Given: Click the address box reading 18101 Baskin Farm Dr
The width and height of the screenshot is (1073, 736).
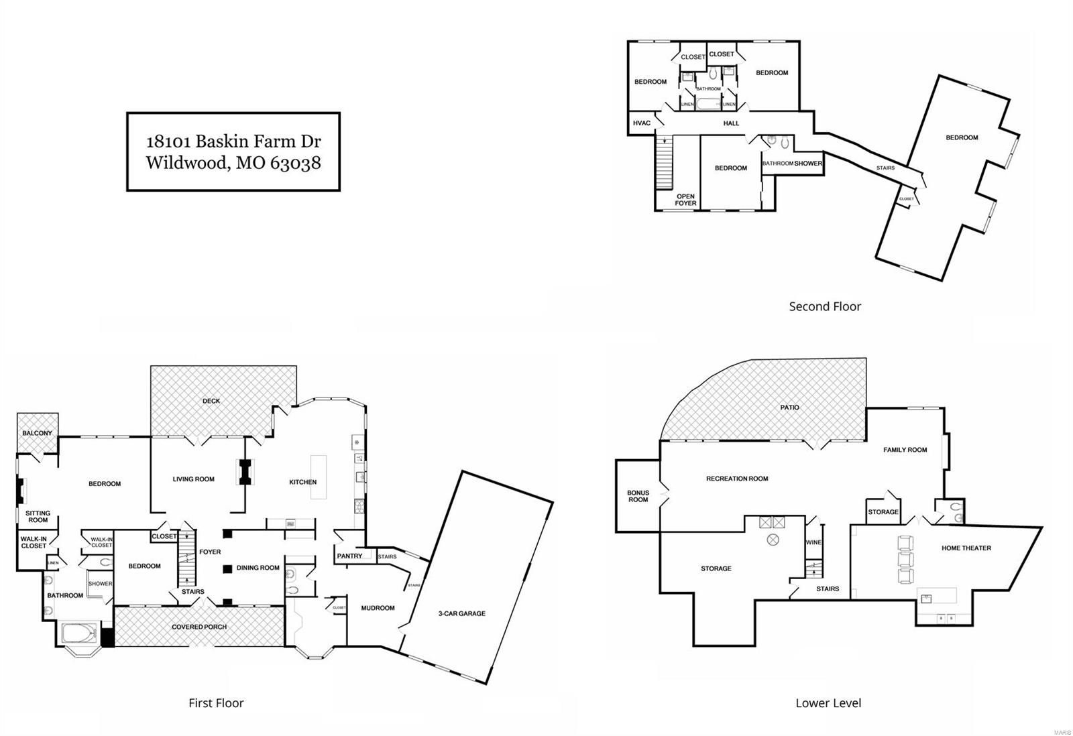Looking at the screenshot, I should (x=233, y=151).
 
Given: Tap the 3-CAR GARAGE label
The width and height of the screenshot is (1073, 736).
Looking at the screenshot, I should (x=461, y=613).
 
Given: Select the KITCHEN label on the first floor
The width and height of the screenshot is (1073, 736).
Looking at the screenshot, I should (x=302, y=482).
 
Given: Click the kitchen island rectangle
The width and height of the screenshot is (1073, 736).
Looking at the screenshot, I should (x=318, y=477).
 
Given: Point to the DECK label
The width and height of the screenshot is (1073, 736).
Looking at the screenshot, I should (x=211, y=401).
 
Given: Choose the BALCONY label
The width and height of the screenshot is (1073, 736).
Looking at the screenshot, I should (x=37, y=433).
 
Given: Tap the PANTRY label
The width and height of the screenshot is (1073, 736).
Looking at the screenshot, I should (x=349, y=556).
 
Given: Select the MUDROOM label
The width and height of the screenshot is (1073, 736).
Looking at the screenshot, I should (x=378, y=608).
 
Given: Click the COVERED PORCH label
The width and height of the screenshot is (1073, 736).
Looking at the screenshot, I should (x=199, y=627).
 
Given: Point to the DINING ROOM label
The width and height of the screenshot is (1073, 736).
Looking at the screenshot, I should (x=258, y=568).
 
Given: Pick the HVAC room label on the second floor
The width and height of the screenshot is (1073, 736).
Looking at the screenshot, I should (x=642, y=123).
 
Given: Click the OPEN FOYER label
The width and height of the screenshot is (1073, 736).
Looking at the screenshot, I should (x=685, y=200).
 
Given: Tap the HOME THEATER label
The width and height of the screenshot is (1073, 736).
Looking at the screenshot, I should (x=966, y=548).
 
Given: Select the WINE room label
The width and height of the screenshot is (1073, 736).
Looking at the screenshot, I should (x=813, y=542).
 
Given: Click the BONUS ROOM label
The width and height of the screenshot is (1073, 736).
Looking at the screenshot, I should (x=638, y=496).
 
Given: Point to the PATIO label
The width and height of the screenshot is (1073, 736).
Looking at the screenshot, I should (x=789, y=408).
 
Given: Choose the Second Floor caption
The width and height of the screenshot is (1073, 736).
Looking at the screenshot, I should (x=824, y=306).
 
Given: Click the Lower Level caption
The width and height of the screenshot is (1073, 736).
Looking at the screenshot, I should (x=828, y=703).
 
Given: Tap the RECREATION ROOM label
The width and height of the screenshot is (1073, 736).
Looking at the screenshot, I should (x=737, y=479).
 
